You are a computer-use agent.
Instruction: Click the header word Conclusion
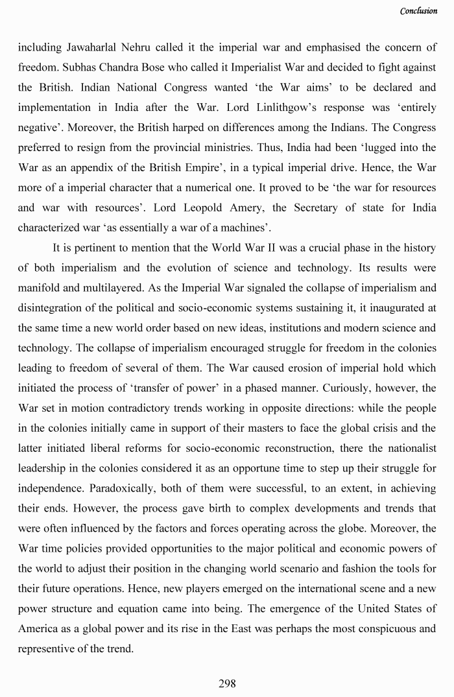point(418,11)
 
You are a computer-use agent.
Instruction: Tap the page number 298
point(227,683)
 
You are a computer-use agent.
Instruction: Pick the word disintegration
point(50,308)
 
